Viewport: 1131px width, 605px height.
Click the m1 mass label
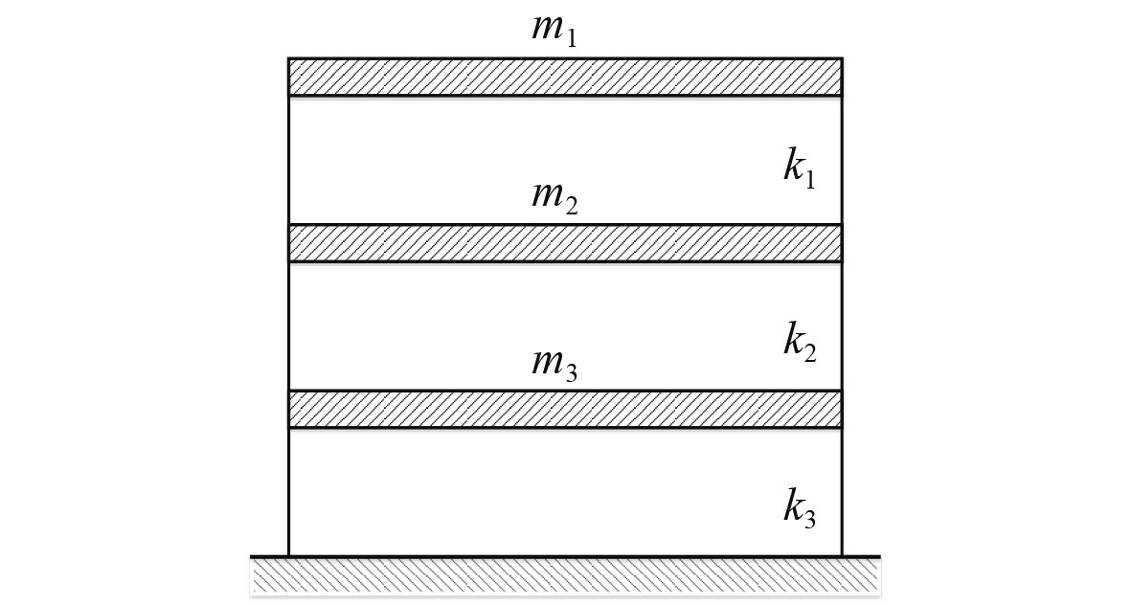point(554,29)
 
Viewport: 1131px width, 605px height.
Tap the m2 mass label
point(554,196)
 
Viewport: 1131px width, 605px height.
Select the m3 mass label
point(554,364)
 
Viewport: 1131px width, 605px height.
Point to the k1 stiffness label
point(800,168)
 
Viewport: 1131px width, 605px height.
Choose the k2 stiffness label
point(800,341)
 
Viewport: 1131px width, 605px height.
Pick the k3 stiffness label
point(800,508)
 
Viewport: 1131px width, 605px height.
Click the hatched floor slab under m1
point(565,77)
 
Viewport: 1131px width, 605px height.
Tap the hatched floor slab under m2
point(565,243)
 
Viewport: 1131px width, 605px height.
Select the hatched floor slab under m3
point(565,409)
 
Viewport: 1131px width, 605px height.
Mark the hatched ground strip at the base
point(565,576)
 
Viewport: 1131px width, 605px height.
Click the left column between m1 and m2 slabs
point(289,160)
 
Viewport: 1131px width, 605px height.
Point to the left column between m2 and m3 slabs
point(289,325)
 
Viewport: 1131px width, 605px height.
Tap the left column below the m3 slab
point(289,490)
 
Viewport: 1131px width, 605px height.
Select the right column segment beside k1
point(842,160)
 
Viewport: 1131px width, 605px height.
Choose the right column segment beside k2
point(842,325)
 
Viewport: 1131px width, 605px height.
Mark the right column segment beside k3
point(842,490)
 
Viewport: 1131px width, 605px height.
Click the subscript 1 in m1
point(572,37)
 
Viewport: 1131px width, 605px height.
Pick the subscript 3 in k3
point(810,519)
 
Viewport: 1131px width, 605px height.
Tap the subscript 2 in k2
point(810,351)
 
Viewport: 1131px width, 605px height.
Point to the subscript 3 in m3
point(572,372)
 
